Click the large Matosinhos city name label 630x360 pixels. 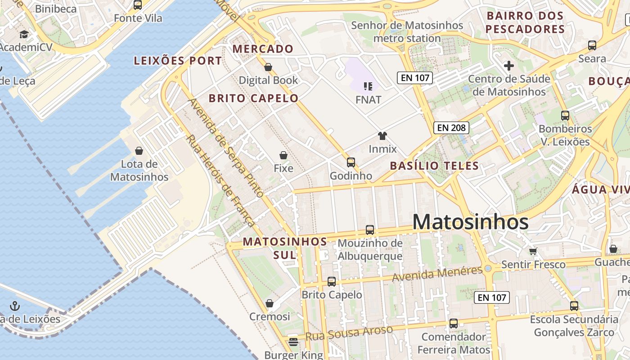(470, 222)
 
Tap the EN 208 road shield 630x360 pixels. (451, 128)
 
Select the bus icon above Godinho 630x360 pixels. (351, 162)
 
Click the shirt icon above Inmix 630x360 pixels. (382, 135)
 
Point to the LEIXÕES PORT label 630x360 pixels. (178, 61)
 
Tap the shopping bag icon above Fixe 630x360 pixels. (283, 155)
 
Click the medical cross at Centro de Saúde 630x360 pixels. (509, 66)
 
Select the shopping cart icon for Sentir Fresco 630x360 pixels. (533, 251)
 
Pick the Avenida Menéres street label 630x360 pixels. (437, 274)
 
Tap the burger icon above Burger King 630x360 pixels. (293, 342)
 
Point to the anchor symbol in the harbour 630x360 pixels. (15, 306)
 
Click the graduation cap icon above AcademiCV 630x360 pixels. (24, 34)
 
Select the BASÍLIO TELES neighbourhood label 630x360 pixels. (434, 166)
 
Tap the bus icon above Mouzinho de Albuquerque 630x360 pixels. (370, 230)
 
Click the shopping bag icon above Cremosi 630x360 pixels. (270, 304)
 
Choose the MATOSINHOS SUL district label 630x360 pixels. (285, 248)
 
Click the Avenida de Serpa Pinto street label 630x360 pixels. (226, 148)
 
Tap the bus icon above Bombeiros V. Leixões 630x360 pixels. (565, 116)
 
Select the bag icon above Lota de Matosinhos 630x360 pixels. (139, 151)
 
